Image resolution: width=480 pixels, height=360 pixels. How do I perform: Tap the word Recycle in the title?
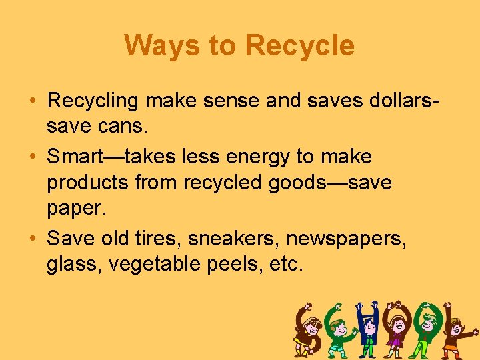click(x=300, y=46)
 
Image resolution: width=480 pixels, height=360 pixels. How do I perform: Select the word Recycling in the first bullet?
click(x=93, y=101)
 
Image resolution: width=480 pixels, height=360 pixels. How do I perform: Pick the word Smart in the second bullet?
click(x=77, y=157)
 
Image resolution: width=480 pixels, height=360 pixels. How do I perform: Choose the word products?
click(x=89, y=182)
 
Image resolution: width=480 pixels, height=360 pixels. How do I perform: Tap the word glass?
click(x=73, y=264)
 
